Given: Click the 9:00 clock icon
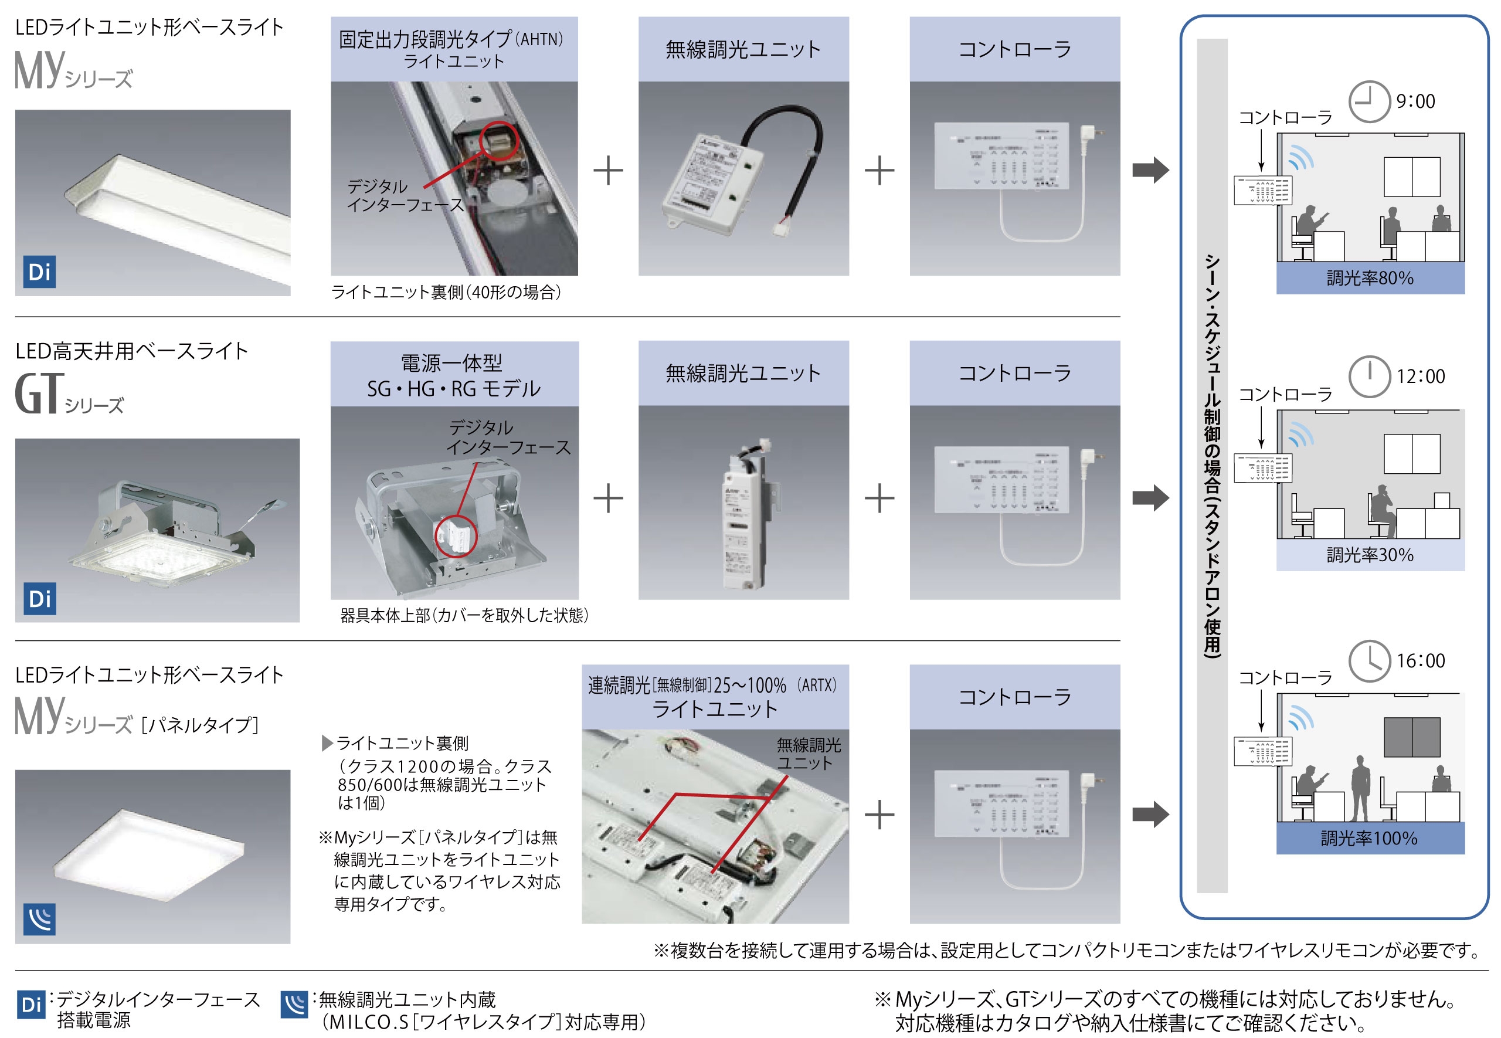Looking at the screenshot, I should [1368, 101].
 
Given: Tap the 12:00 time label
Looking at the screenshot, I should [1421, 376].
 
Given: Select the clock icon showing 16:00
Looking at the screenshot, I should [1368, 661].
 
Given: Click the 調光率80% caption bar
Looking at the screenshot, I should [1370, 279].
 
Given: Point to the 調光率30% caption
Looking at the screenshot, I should [1370, 555].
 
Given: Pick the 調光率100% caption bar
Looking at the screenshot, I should [1370, 839].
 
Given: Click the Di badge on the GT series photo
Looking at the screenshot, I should [40, 598].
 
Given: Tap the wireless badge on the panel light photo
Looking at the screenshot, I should [40, 918].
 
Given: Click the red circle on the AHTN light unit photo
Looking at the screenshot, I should [498, 140].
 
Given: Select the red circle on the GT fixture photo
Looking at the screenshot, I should [456, 537].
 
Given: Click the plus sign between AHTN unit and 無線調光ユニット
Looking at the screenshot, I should [608, 171].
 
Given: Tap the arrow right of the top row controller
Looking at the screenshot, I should [1150, 171].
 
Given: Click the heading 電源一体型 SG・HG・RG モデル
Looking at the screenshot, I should [454, 375].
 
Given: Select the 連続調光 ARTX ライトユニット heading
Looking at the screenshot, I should [714, 697].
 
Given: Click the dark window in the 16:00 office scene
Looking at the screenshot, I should [1411, 737].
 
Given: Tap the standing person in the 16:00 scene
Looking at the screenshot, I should [1360, 789].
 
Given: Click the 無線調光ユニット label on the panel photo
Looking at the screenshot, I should [808, 754].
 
